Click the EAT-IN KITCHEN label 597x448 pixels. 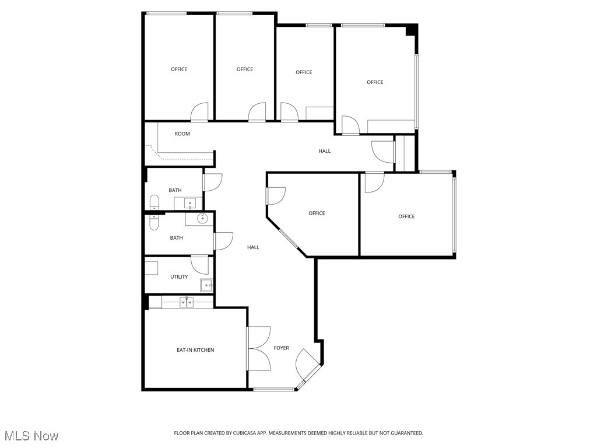(195, 350)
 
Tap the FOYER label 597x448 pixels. (282, 348)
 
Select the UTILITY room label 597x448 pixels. (179, 277)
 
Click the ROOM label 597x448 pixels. (182, 134)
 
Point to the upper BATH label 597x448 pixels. (175, 190)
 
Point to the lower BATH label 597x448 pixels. (176, 238)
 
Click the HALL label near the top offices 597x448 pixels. (325, 151)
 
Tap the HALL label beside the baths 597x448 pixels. (253, 247)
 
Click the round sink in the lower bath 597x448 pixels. (202, 219)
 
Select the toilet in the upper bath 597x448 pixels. (154, 203)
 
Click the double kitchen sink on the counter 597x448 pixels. (187, 302)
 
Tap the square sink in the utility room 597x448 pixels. (206, 285)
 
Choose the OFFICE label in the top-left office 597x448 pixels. (179, 69)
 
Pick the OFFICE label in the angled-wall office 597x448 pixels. (317, 213)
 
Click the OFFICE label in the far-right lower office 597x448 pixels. (406, 217)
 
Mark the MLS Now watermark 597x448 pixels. (31, 436)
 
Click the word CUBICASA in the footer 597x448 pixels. (241, 433)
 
